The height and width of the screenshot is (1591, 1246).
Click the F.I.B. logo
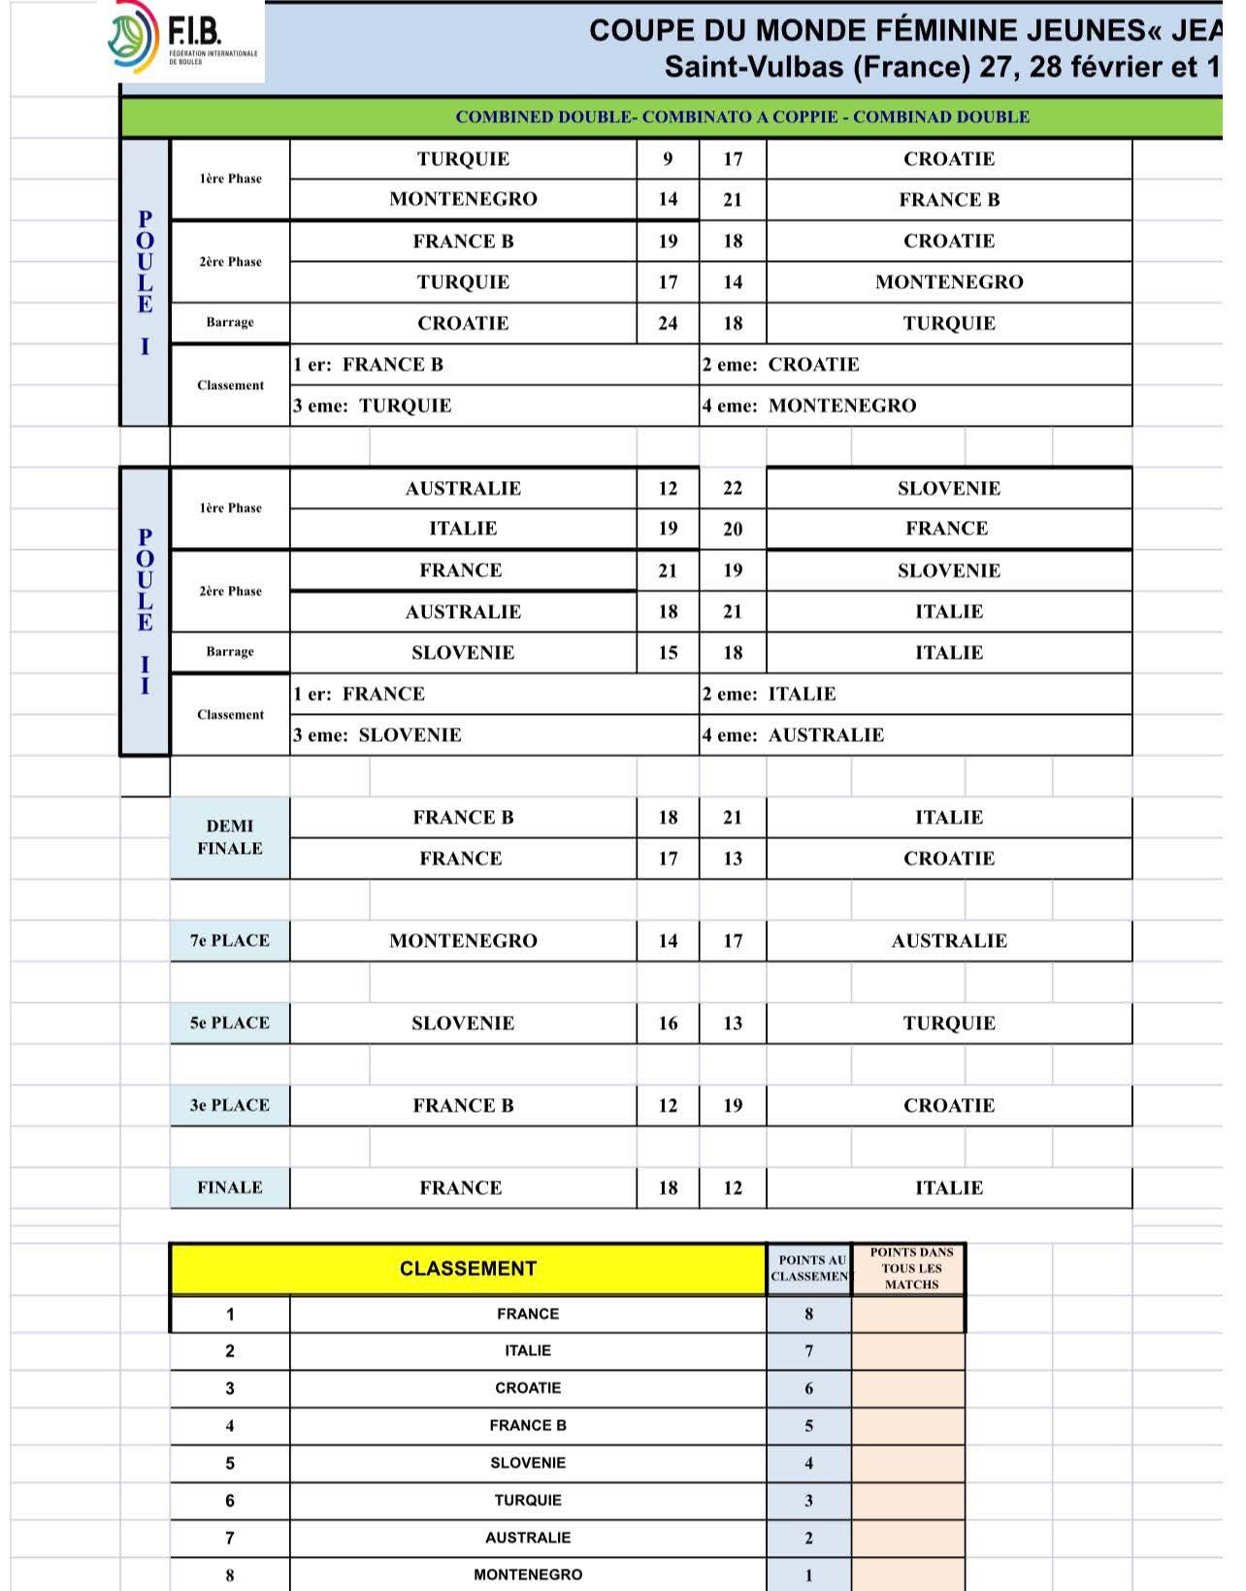click(183, 39)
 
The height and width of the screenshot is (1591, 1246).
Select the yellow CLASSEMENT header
click(468, 1269)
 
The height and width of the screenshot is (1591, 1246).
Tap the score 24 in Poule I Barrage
click(668, 323)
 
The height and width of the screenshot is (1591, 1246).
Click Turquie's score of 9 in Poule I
click(668, 159)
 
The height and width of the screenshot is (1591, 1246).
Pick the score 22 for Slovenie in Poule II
click(733, 488)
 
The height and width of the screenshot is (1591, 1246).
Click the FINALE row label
click(230, 1187)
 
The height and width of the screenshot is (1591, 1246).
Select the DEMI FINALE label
click(230, 837)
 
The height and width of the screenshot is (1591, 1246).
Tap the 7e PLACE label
click(230, 940)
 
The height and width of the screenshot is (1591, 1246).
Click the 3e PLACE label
click(230, 1105)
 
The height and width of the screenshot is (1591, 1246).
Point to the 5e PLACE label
click(230, 1023)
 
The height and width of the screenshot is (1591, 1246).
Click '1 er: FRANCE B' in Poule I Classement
click(369, 365)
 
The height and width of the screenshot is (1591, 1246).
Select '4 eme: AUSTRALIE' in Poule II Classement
click(794, 735)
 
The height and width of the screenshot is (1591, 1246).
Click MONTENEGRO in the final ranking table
click(528, 1575)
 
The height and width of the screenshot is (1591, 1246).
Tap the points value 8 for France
click(808, 1315)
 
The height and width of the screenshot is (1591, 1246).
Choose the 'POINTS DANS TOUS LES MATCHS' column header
click(911, 1268)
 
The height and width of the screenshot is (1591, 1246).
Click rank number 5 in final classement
click(230, 1463)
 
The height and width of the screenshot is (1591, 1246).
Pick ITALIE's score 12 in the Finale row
click(733, 1187)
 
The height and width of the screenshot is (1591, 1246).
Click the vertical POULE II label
click(145, 611)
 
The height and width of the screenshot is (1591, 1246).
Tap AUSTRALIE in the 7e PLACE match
click(948, 940)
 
